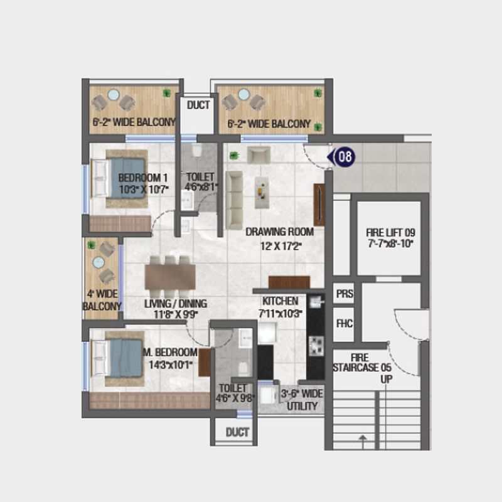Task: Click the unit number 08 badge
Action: pos(343,157)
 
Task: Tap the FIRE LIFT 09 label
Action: pos(390,238)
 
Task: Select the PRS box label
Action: pos(344,294)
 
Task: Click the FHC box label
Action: pos(344,324)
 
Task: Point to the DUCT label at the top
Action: pos(198,105)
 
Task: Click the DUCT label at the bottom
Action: pos(237,432)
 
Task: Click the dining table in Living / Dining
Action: pos(170,276)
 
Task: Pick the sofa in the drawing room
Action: pos(234,199)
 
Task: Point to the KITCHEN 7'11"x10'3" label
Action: pos(280,307)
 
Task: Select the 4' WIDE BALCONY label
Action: pos(102,300)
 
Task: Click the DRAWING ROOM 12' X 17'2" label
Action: pos(279,238)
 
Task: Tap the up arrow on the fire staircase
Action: pos(362,442)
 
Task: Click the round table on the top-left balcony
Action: pos(114,95)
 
